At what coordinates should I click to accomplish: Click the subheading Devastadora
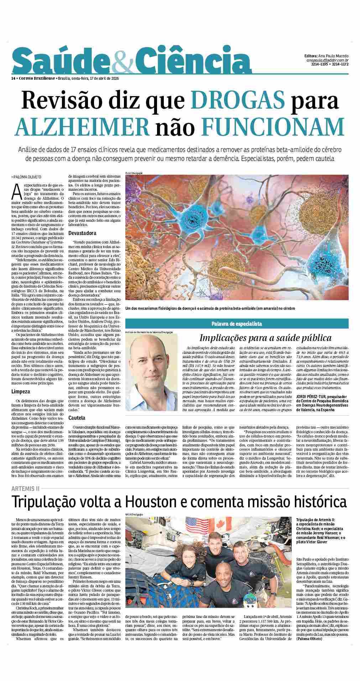pos(82,233)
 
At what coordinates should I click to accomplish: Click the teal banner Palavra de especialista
pos(237,324)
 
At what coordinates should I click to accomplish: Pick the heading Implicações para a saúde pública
pos(265,337)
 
